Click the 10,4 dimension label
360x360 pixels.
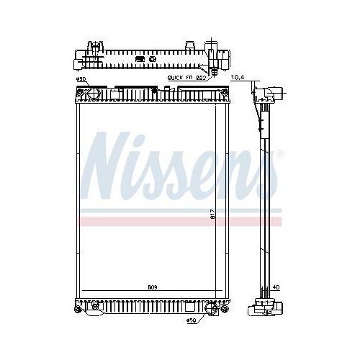coord(236,76)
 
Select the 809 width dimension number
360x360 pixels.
coord(153,287)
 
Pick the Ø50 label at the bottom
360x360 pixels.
coord(192,320)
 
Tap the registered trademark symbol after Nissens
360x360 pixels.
coord(279,153)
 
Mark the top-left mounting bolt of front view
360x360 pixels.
coord(78,91)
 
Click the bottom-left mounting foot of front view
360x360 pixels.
coord(78,309)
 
